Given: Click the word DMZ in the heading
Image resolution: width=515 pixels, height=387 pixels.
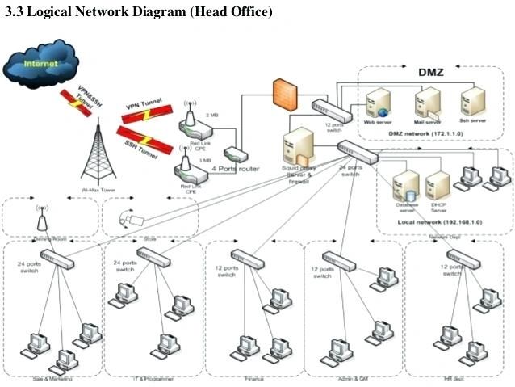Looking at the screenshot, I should tap(430, 72).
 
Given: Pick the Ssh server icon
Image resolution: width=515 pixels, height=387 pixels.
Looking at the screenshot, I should tap(471, 102).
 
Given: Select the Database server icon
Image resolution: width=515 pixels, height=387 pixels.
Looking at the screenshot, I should tap(406, 186).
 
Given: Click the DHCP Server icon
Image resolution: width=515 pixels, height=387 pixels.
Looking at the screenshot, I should tap(438, 185).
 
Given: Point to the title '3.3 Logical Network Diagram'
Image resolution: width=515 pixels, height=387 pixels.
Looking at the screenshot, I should tap(138, 13).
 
